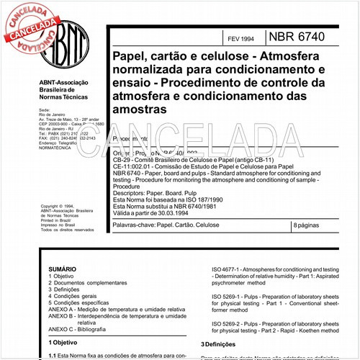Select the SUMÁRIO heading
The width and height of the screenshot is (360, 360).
(61, 268)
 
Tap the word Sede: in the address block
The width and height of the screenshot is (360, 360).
(45, 112)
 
